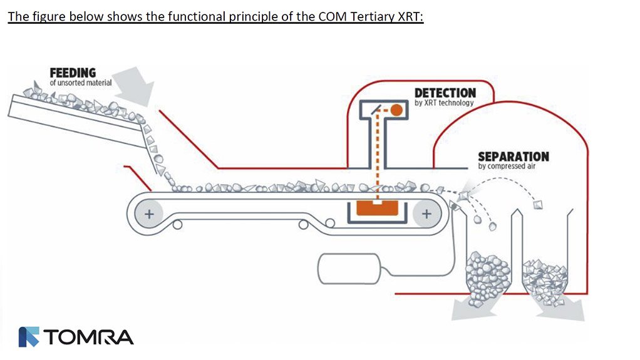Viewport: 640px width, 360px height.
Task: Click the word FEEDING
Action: pos(73,73)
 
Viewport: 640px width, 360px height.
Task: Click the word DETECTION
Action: pos(445,93)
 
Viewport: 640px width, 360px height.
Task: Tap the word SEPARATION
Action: pos(513,156)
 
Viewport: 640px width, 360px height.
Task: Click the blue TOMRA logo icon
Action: pos(29,337)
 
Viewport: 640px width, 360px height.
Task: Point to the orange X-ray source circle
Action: pos(396,111)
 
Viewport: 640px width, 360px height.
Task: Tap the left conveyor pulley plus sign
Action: pos(149,213)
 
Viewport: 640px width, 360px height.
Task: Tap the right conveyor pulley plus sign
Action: pos(426,213)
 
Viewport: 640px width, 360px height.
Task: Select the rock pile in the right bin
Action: pos(545,275)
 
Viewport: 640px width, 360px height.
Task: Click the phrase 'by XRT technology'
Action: pos(444,103)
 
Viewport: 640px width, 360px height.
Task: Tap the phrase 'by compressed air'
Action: pos(506,166)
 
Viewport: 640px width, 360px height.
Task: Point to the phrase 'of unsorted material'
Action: pos(81,83)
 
